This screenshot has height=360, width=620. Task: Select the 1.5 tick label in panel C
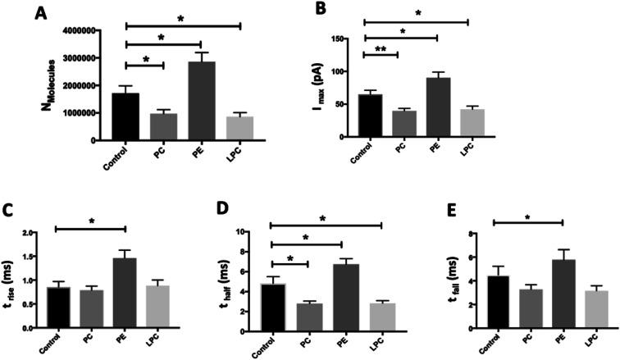[x=30, y=257]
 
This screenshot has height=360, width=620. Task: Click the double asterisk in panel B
[x=381, y=49]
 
